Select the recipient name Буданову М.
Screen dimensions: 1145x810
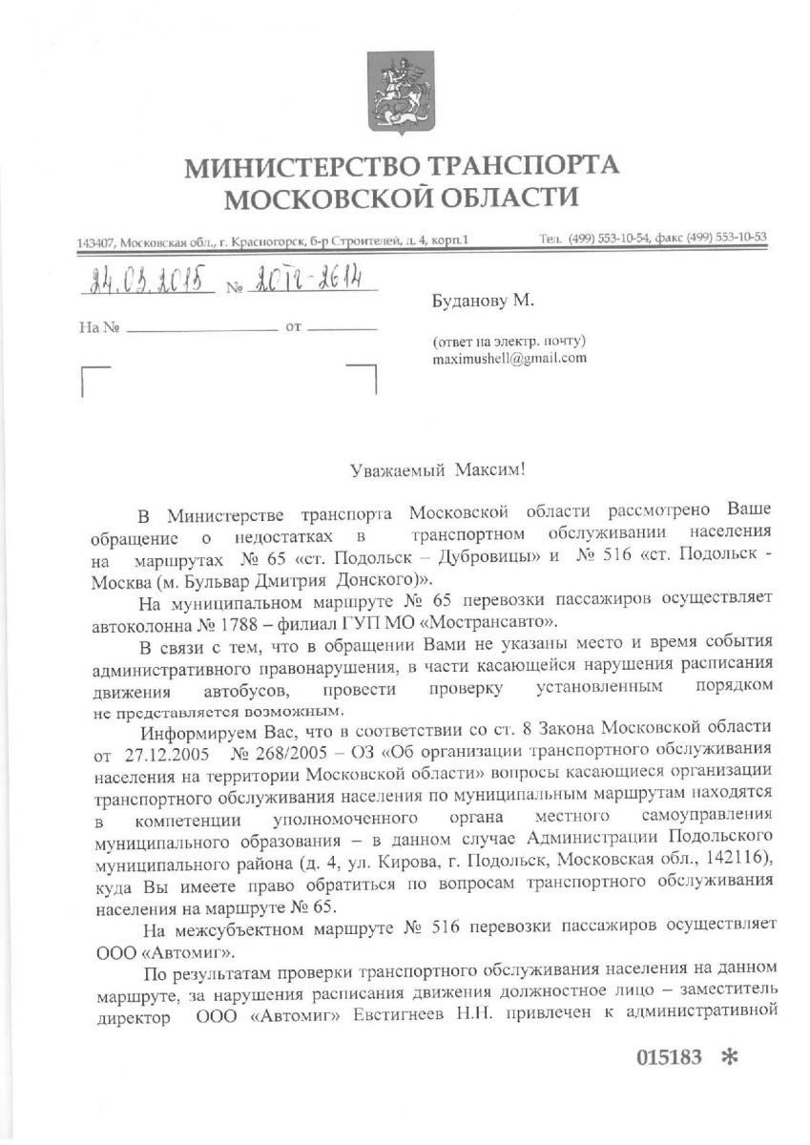[485, 302]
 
